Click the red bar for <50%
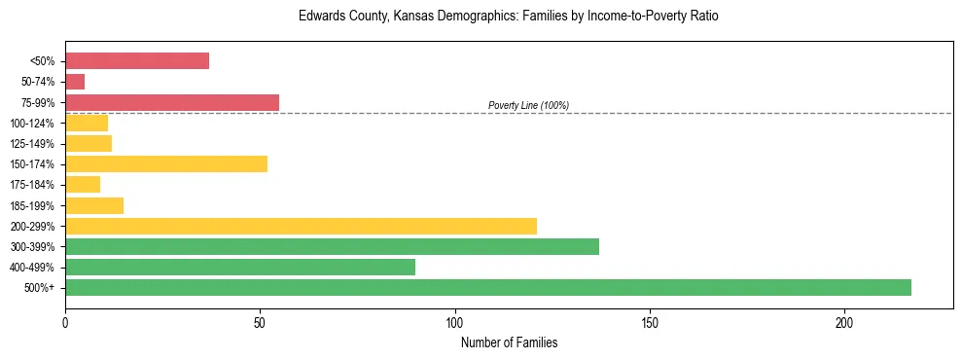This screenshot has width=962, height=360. click(137, 61)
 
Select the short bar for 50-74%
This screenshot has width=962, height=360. click(75, 82)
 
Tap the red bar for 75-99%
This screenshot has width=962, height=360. click(172, 102)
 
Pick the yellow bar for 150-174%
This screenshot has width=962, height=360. click(166, 164)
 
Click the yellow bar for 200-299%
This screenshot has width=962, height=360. click(301, 226)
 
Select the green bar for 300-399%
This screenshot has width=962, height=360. click(332, 246)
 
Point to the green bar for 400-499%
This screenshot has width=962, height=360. click(240, 267)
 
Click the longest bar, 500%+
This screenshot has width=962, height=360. click(488, 287)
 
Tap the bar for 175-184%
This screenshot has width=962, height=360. click(83, 185)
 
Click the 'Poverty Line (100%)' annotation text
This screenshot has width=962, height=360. click(528, 105)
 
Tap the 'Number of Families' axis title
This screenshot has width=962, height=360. click(509, 342)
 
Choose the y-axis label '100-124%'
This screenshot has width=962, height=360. click(32, 124)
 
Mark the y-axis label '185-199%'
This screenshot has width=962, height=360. click(32, 205)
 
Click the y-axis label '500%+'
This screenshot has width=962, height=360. click(39, 288)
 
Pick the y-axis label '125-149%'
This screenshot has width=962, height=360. click(32, 144)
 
